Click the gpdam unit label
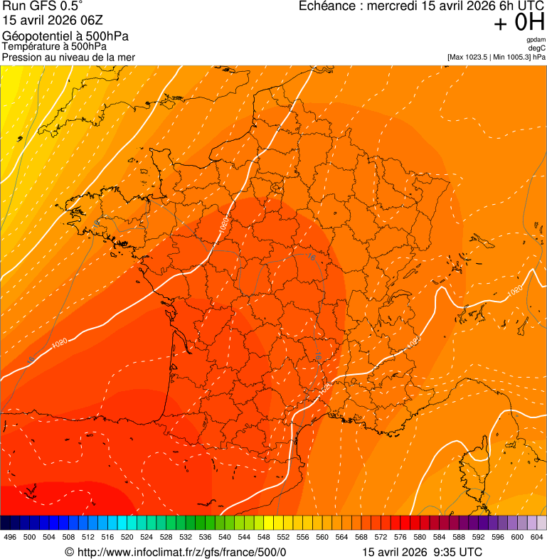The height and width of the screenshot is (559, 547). pyautogui.click(x=536, y=40)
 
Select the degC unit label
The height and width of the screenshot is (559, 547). pyautogui.click(x=537, y=48)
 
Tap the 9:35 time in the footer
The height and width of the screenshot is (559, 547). pyautogui.click(x=441, y=552)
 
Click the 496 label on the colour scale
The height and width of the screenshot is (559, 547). pyautogui.click(x=10, y=537)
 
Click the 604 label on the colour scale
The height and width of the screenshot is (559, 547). pyautogui.click(x=537, y=537)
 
